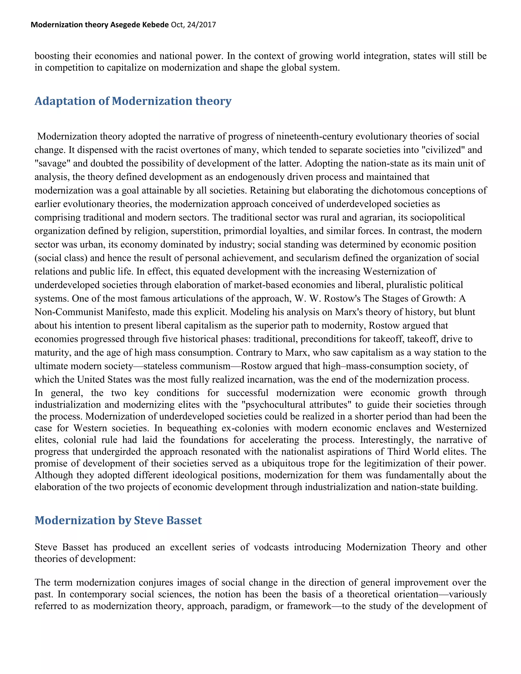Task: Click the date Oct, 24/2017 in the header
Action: point(193,25)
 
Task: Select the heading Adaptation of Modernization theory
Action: point(133,101)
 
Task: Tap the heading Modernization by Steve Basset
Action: point(118,520)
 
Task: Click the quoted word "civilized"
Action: point(443,150)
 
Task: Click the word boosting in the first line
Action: point(52,56)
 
